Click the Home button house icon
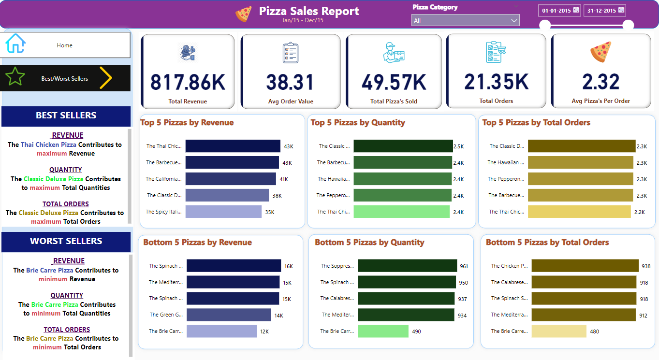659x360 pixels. [x=15, y=43]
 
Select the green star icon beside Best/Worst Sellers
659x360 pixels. [x=15, y=77]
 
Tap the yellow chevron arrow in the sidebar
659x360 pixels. [x=106, y=78]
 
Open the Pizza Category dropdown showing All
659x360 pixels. [x=465, y=20]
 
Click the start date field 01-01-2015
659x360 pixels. [x=560, y=11]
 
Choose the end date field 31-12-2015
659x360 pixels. [x=605, y=11]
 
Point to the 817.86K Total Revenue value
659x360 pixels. [x=188, y=82]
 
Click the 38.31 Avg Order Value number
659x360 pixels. [x=290, y=82]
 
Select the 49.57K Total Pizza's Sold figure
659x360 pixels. [x=394, y=82]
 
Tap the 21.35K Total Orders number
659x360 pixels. [x=497, y=82]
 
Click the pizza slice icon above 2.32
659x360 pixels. [x=601, y=52]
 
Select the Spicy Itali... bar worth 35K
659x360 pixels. [x=223, y=212]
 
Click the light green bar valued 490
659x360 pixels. [x=383, y=331]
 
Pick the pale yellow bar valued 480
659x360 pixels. [x=558, y=331]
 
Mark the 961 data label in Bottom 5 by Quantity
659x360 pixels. [x=464, y=266]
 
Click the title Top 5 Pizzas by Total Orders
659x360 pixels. [x=536, y=123]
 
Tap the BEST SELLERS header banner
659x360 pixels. [x=66, y=116]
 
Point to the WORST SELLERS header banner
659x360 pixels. [x=66, y=241]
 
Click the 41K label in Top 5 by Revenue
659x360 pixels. [x=283, y=179]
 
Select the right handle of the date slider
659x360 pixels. [x=628, y=25]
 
